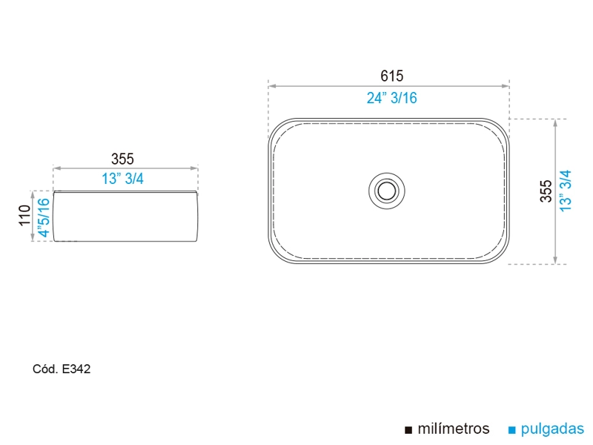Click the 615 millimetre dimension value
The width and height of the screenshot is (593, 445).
(392, 76)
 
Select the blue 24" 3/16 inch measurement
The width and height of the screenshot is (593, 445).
(392, 98)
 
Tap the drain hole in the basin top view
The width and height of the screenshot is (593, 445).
(386, 191)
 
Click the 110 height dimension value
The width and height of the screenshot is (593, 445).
(24, 215)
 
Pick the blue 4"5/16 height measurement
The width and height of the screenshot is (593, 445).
(44, 218)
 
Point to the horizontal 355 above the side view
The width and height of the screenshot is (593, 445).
(122, 159)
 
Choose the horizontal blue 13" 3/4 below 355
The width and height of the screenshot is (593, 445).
(122, 179)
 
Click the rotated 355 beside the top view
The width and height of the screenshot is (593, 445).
(546, 191)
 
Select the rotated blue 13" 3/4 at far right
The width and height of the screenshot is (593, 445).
(566, 191)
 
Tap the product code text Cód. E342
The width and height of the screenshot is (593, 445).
(62, 369)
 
